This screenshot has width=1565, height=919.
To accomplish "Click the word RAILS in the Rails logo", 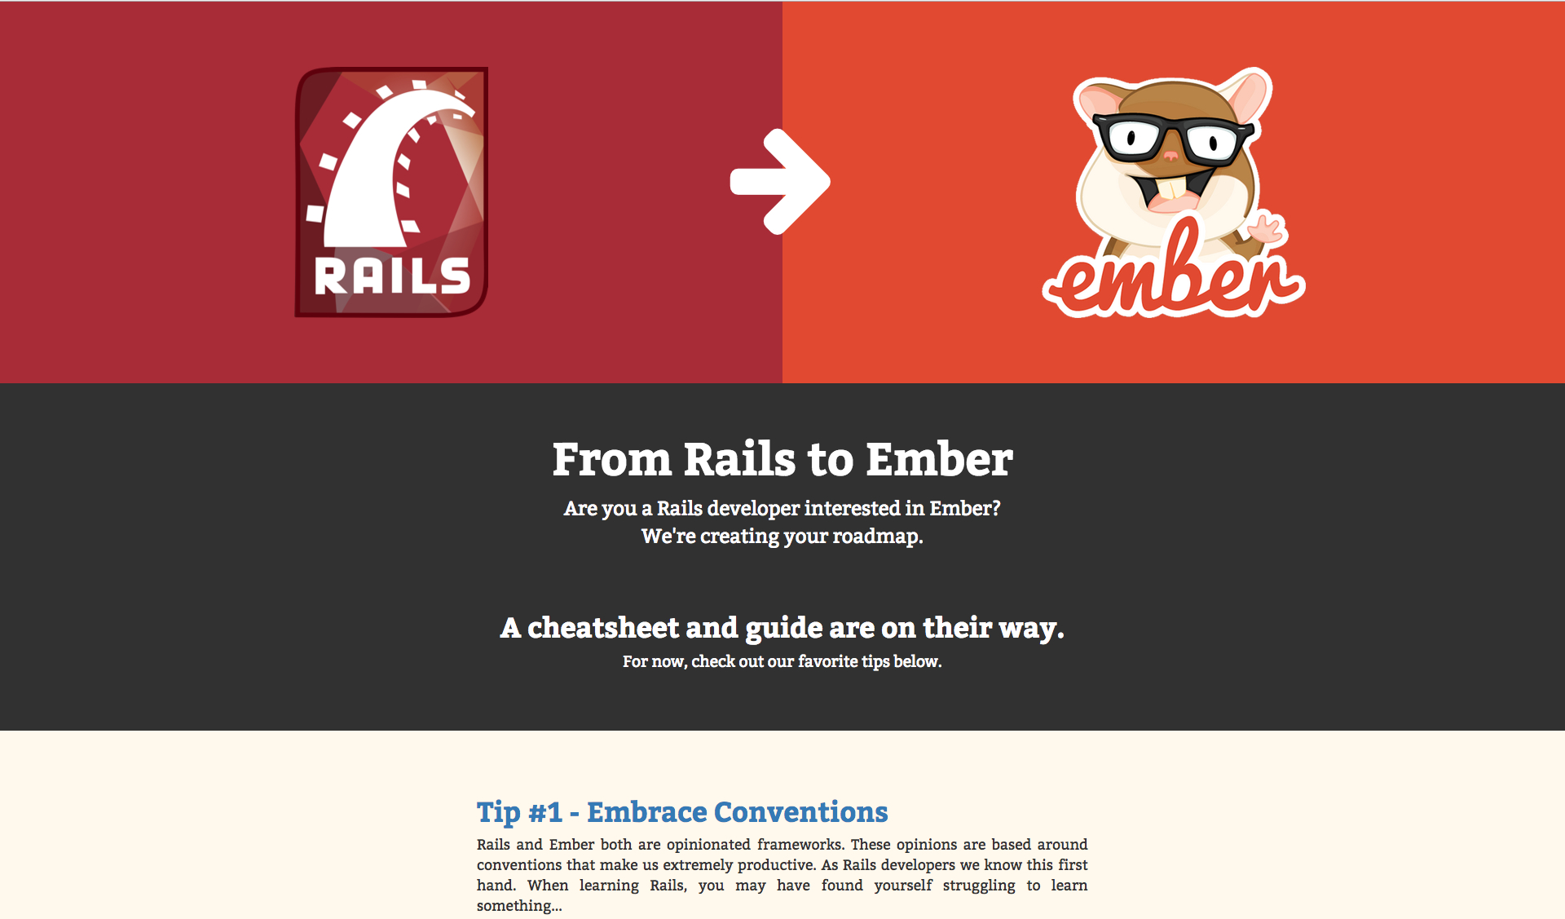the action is [x=392, y=276].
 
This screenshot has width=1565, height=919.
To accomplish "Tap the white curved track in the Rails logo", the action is [x=383, y=171].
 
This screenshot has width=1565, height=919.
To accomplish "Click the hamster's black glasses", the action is [x=1172, y=139].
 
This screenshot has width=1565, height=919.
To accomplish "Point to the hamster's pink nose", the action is [x=1170, y=156].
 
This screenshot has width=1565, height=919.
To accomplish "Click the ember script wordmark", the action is [x=1174, y=273].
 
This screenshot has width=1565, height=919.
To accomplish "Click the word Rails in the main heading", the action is [x=738, y=459].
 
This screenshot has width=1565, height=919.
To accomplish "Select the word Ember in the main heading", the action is [x=939, y=459].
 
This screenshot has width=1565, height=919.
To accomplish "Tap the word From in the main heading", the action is [x=612, y=459].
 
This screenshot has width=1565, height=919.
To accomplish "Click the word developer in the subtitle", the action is [x=753, y=509].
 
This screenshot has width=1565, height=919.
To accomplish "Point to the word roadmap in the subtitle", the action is [x=878, y=537].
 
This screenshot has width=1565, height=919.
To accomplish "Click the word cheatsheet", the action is [x=603, y=628].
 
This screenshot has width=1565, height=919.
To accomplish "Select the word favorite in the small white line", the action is [x=828, y=661].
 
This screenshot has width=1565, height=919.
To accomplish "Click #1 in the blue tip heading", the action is [x=545, y=812].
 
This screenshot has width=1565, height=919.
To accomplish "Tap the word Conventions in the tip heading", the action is [x=800, y=812].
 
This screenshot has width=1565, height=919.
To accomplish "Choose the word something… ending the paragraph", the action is [x=519, y=906].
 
